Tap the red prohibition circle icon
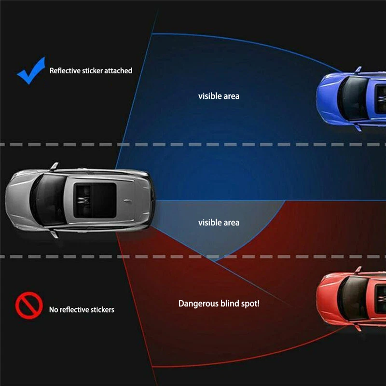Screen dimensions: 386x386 click(29, 305)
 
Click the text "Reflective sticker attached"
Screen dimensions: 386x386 click(91, 70)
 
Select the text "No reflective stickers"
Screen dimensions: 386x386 click(82, 309)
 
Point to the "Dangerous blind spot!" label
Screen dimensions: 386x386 click(219, 303)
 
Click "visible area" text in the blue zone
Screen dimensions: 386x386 click(219, 96)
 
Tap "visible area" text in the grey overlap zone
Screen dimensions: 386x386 click(219, 222)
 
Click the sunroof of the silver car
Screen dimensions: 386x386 click(95, 200)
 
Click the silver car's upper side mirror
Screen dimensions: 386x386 click(54, 166)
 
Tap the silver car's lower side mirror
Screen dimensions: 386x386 click(54, 234)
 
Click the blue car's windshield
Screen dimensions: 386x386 click(353, 98)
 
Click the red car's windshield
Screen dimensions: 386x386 click(353, 298)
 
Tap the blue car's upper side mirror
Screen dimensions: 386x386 click(358, 69)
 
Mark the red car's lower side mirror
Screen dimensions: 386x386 click(358, 328)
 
